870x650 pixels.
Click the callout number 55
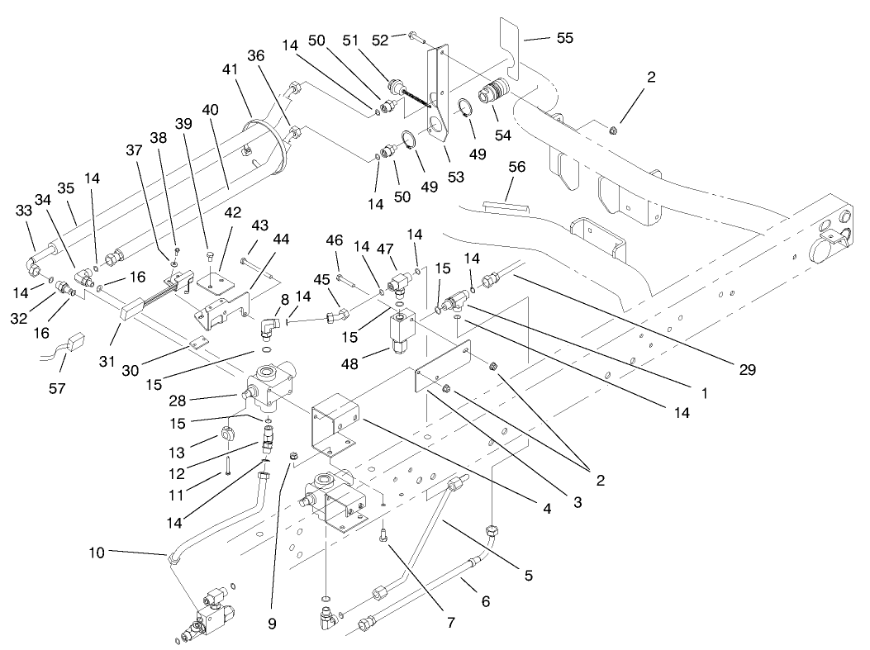[x=564, y=38]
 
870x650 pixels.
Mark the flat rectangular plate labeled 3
[x=441, y=368]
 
